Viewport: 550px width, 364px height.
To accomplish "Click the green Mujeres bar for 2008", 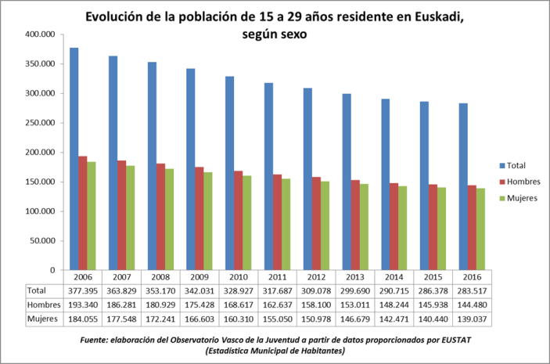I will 169,219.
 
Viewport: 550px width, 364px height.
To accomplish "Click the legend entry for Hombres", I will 520,182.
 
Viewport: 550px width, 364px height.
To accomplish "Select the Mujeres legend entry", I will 520,198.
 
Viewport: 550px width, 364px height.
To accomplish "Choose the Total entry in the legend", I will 516,165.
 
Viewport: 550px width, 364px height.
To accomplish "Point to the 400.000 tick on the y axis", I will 39,35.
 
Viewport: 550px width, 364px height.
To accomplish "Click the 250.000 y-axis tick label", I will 39,123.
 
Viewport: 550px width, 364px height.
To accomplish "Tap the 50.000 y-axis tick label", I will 41,240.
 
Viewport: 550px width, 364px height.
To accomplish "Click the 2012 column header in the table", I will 317,277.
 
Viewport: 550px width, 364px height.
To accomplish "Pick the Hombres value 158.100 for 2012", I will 317,305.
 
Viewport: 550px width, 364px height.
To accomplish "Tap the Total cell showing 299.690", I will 356,290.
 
